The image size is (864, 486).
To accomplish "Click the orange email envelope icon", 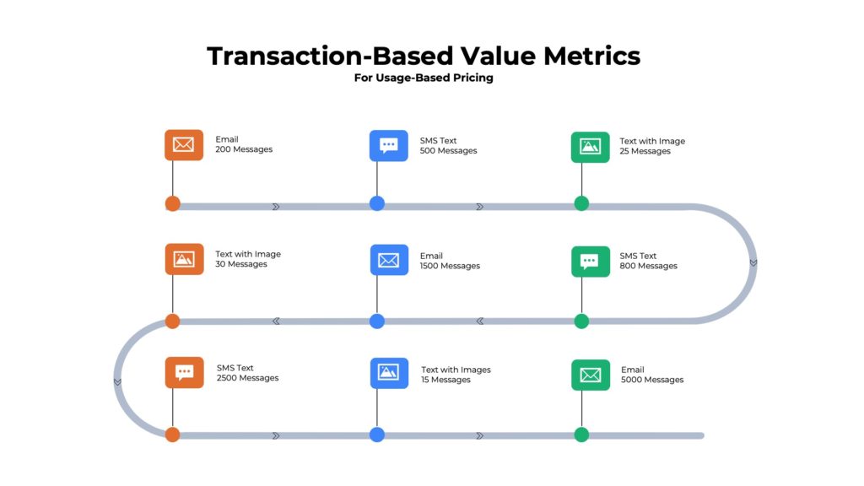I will (x=184, y=145).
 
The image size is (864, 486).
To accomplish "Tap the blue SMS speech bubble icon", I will (x=388, y=145).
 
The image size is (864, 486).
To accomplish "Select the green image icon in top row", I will (x=590, y=147).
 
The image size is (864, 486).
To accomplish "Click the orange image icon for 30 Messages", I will (x=184, y=259).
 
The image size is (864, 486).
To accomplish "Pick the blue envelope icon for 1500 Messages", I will (x=388, y=260).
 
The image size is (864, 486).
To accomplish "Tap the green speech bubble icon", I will (x=590, y=261).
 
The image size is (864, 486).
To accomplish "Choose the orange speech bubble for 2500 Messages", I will (x=184, y=372).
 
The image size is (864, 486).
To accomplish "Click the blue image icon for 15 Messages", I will (x=388, y=373).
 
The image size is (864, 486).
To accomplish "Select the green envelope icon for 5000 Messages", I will (x=590, y=375).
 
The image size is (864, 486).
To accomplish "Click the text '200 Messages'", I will (x=244, y=149).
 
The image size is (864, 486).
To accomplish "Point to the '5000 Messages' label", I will (x=652, y=380).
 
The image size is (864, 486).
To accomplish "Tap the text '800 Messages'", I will (x=648, y=266).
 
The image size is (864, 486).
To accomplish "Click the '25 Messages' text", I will (x=645, y=151).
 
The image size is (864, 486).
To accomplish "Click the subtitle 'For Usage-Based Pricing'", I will (x=424, y=78).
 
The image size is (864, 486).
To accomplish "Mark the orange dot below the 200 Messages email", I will (x=173, y=203).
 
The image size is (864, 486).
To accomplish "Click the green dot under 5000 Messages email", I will (x=581, y=435).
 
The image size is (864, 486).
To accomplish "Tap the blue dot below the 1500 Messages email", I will (x=377, y=321).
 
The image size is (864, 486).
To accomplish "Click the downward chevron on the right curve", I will (x=753, y=262).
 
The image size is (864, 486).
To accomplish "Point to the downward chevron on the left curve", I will (x=117, y=381).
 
